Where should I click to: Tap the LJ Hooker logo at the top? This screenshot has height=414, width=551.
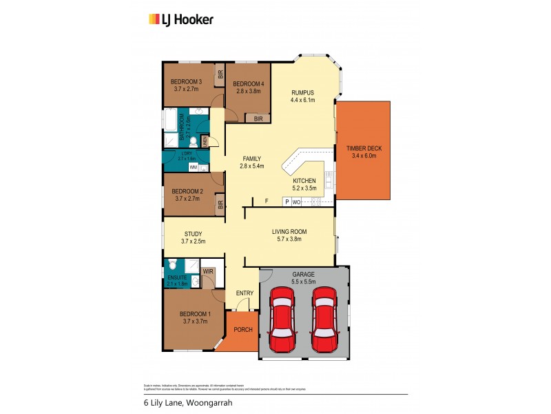181,19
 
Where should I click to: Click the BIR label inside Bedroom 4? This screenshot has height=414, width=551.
258,119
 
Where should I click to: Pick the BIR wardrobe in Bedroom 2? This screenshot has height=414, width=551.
220,204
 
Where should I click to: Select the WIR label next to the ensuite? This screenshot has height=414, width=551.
208,272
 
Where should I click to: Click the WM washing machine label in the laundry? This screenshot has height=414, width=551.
194,167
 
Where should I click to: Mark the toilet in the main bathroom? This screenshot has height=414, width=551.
194,141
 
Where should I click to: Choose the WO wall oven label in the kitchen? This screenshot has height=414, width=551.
297,202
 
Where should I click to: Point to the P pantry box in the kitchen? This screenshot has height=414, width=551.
287,202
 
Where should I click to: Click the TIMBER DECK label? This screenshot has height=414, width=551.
362,149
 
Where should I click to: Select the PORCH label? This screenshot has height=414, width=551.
243,329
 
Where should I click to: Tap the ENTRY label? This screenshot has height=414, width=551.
245,293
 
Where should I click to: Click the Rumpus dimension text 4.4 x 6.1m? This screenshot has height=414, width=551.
302,101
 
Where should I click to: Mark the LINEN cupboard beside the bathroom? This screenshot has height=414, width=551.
205,141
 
